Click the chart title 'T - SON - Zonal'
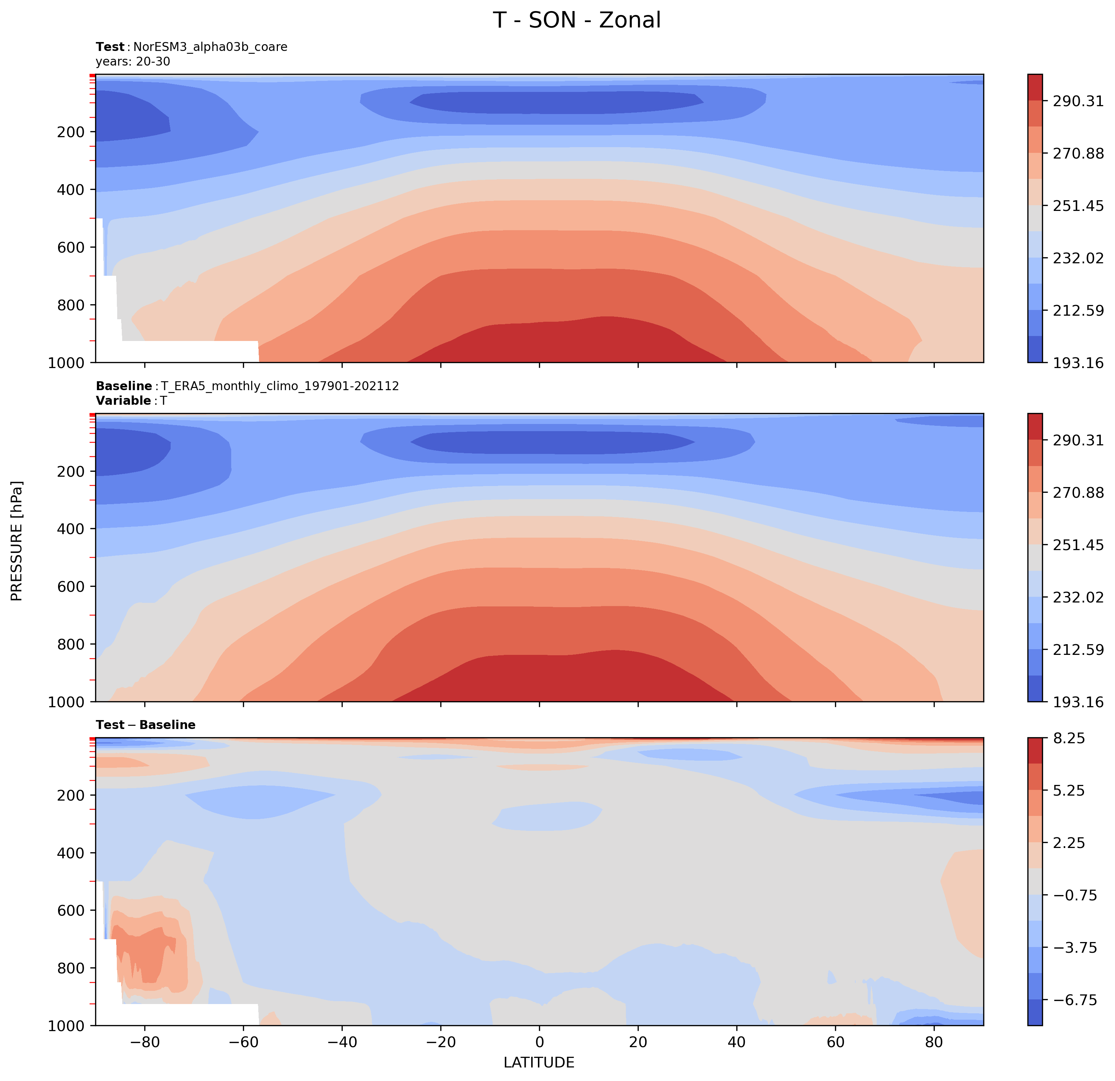click(576, 20)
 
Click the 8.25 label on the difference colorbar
click(1069, 739)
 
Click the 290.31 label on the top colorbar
click(1078, 101)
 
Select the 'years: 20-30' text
click(133, 61)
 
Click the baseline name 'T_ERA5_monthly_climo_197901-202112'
click(280, 386)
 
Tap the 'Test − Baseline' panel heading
click(146, 725)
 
